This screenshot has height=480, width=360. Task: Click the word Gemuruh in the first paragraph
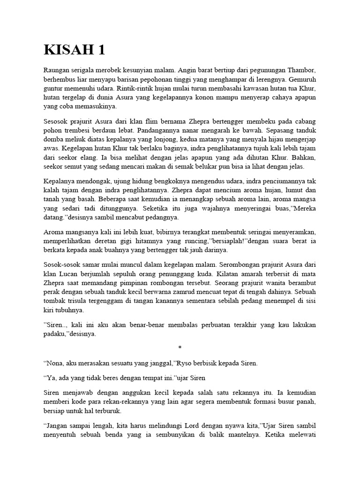pyautogui.click(x=303, y=79)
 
